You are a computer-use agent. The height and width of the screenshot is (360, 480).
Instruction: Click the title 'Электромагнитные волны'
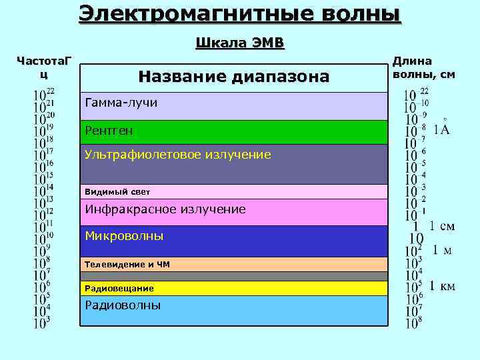click(240, 13)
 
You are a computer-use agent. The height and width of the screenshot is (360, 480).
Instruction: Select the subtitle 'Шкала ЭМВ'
click(240, 44)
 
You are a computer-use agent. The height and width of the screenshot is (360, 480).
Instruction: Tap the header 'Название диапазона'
click(233, 77)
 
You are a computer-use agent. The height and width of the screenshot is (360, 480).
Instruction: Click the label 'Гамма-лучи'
click(121, 103)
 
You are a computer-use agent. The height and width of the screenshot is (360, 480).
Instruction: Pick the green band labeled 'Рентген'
click(233, 131)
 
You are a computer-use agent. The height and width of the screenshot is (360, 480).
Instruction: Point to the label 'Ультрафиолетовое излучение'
click(177, 155)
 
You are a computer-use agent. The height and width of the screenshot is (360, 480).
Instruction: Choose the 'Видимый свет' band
click(233, 192)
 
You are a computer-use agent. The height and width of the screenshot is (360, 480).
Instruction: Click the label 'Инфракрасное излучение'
click(165, 209)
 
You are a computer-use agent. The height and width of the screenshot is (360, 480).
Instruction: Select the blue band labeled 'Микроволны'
click(233, 240)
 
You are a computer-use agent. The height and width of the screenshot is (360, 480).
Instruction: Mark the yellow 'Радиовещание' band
click(233, 288)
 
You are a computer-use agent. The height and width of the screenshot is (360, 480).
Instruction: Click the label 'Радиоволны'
click(123, 305)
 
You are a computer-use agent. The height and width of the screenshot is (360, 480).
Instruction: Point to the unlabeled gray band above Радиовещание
click(233, 276)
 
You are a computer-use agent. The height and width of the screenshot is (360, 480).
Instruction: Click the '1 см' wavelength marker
click(441, 226)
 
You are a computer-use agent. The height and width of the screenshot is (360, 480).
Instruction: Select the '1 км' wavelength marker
click(442, 286)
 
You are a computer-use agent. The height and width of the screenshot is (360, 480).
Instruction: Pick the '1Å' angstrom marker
click(441, 128)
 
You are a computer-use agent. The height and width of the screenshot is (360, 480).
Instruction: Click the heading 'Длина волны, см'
click(423, 67)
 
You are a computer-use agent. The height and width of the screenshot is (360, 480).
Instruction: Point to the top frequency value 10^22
click(44, 93)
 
